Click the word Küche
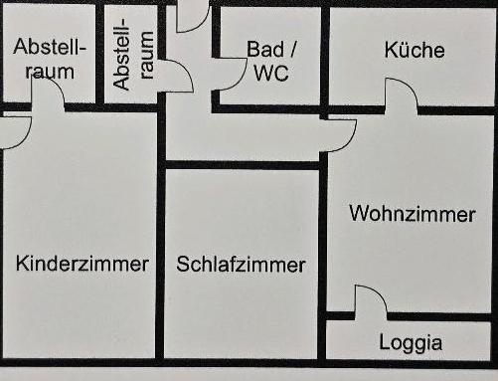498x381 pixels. click(x=415, y=50)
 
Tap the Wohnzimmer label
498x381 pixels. click(x=413, y=214)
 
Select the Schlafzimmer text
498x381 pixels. click(x=242, y=265)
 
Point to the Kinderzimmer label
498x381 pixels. click(x=83, y=264)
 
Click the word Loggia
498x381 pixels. click(x=411, y=343)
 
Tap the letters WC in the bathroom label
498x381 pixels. click(x=271, y=73)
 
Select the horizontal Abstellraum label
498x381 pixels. click(x=50, y=59)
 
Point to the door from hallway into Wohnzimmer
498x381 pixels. click(x=340, y=134)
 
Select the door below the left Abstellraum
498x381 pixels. click(x=47, y=94)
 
